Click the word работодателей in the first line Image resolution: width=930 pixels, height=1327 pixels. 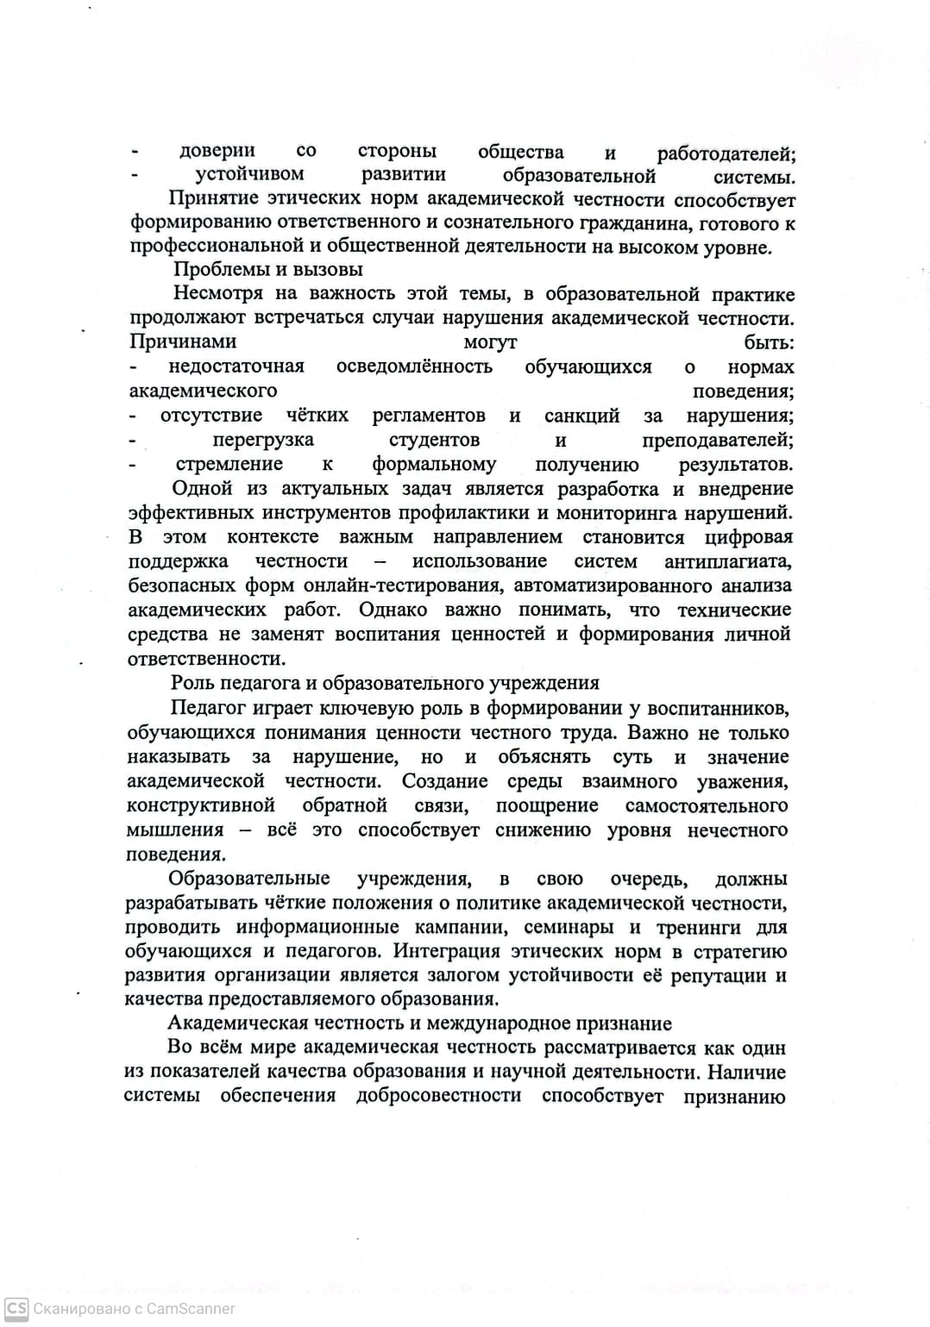tap(726, 154)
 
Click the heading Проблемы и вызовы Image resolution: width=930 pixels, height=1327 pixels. tap(267, 270)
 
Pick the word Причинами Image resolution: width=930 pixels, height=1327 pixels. tap(182, 342)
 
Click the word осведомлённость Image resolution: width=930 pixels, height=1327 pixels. tap(414, 366)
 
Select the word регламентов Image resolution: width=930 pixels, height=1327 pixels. tap(428, 416)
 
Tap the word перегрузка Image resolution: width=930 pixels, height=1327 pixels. tap(262, 440)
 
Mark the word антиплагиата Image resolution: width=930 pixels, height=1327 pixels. tap(727, 561)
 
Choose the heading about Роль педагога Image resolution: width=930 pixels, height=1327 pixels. tap(385, 683)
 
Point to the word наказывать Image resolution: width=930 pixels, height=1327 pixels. tap(179, 757)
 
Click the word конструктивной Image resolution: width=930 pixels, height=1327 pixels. tap(200, 805)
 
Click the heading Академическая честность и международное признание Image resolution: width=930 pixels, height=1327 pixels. tap(419, 1023)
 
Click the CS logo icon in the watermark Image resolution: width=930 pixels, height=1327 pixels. tap(16, 1308)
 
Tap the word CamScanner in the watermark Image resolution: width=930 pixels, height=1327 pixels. tap(191, 1308)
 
